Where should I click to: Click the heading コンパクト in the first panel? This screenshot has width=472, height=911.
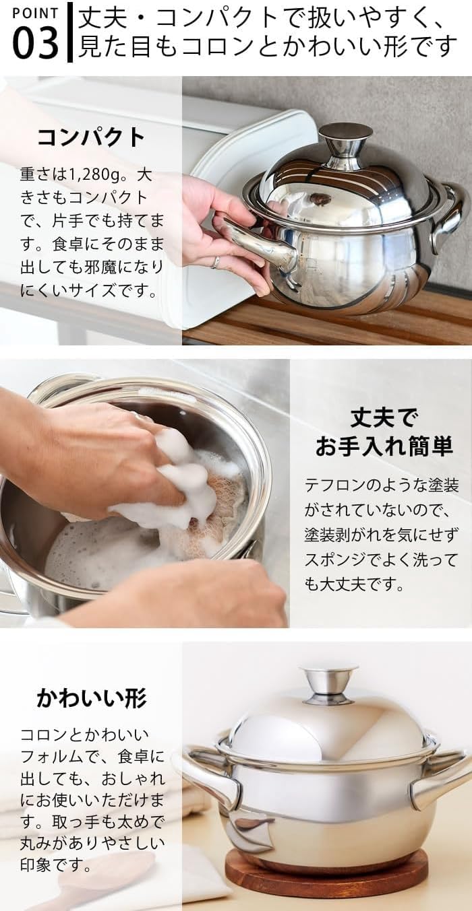coord(90,137)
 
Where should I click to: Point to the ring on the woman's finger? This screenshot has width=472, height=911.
coord(215,262)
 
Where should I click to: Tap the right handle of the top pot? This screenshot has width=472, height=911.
coord(450,213)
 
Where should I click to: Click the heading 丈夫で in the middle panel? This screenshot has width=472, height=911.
coord(383,418)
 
